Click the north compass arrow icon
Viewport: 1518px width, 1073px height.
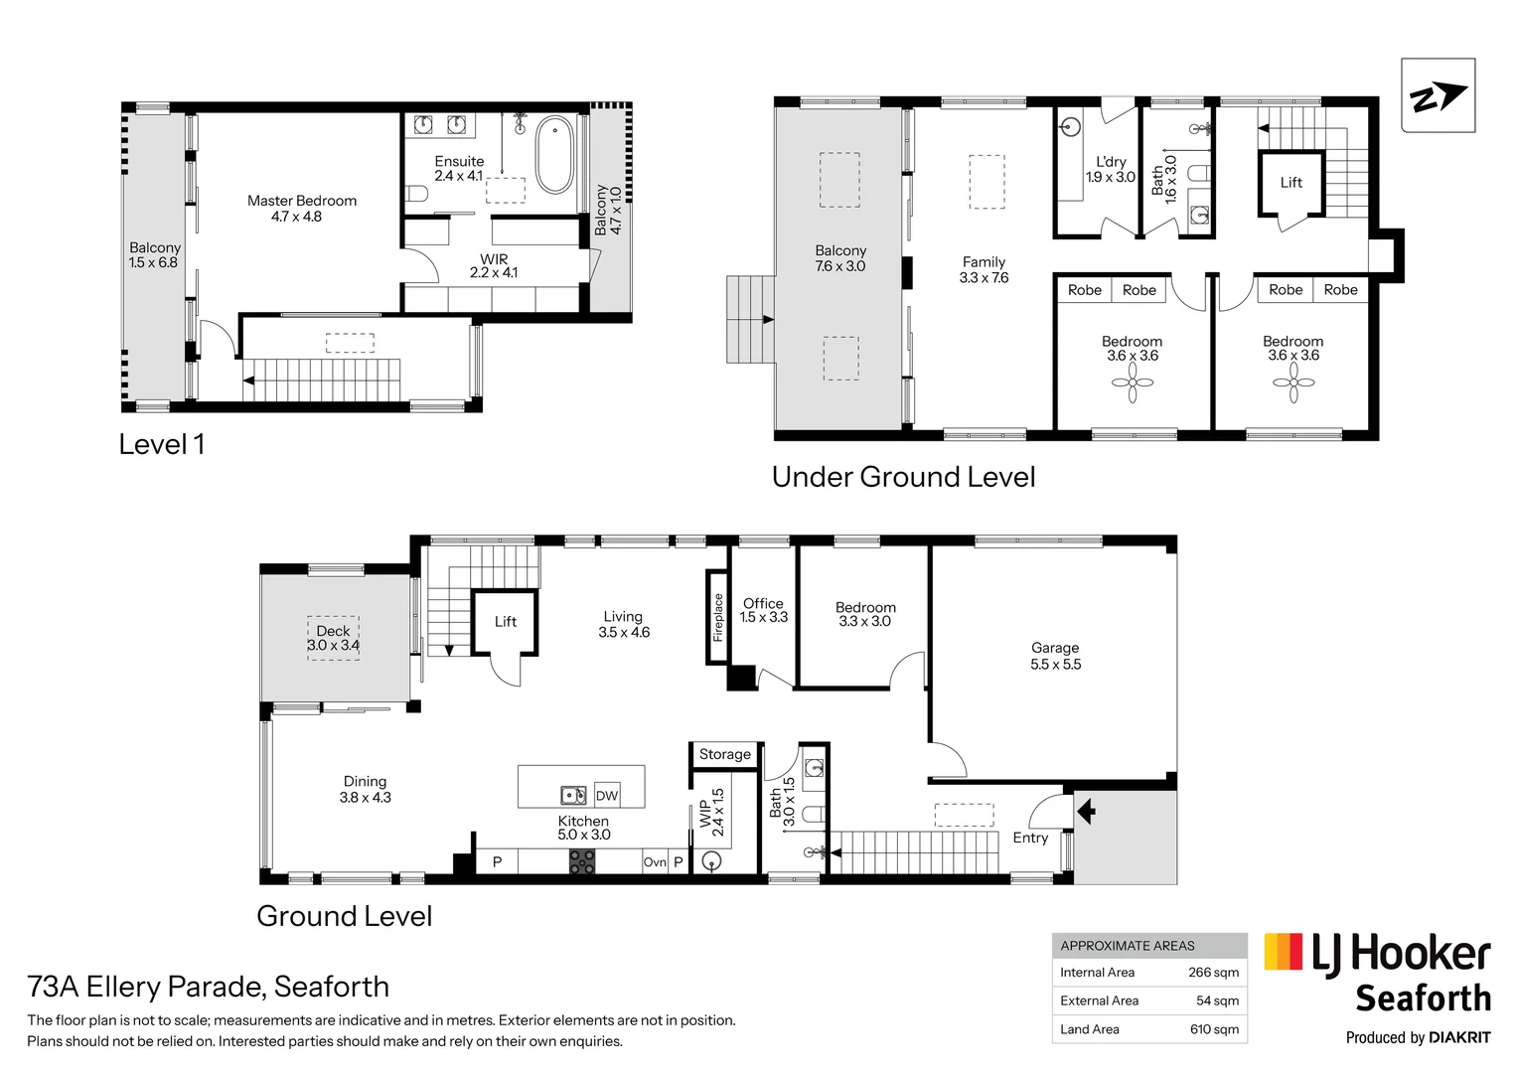click(1438, 96)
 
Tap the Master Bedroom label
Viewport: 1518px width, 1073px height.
click(301, 209)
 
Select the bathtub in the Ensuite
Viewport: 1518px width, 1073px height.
click(554, 155)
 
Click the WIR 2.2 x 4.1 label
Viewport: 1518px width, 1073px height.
click(494, 266)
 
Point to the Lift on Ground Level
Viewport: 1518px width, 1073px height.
click(505, 622)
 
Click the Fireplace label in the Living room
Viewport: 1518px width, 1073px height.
click(718, 617)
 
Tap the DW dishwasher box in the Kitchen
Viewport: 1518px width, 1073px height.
click(607, 796)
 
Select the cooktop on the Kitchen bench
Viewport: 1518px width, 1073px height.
click(582, 862)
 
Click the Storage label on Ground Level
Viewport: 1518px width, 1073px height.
click(725, 755)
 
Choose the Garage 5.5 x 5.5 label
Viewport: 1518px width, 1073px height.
click(1055, 656)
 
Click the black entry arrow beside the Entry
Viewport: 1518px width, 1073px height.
click(1086, 812)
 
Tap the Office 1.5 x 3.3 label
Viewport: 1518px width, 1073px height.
click(763, 610)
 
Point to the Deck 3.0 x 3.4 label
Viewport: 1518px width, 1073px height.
click(334, 638)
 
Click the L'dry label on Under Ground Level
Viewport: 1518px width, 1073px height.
click(1111, 169)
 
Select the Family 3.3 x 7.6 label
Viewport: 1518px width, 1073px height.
click(984, 269)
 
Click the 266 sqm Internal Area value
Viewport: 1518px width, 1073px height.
click(1213, 973)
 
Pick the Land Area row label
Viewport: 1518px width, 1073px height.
click(1090, 1029)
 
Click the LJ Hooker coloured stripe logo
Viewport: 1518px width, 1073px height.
click(1283, 952)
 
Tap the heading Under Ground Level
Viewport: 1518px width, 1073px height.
click(903, 478)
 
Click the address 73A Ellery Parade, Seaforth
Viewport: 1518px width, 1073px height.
click(209, 987)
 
